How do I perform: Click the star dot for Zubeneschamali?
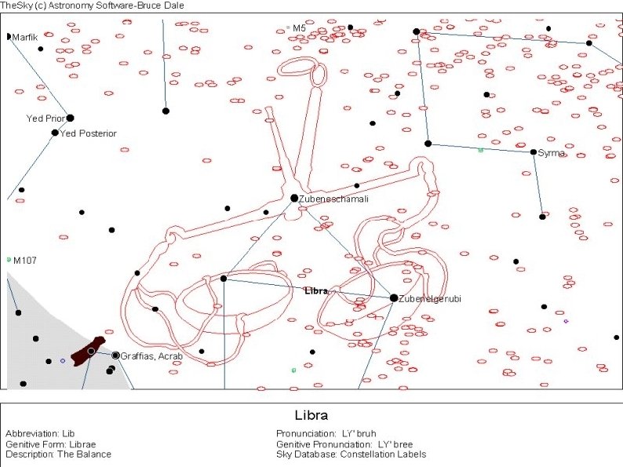[x=294, y=198]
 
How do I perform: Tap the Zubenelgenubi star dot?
[x=394, y=297]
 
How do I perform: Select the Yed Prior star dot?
[x=70, y=118]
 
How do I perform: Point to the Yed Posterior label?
[x=88, y=133]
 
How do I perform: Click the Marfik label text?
[x=25, y=37]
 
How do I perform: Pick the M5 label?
[x=299, y=28]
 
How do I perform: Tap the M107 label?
[x=24, y=260]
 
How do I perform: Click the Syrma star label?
[x=552, y=153]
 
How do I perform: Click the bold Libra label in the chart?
[x=316, y=291]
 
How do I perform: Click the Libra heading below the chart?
[x=311, y=415]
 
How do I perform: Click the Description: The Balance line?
[x=58, y=454]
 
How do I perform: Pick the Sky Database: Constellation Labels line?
[x=351, y=454]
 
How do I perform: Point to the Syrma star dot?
[x=534, y=152]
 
